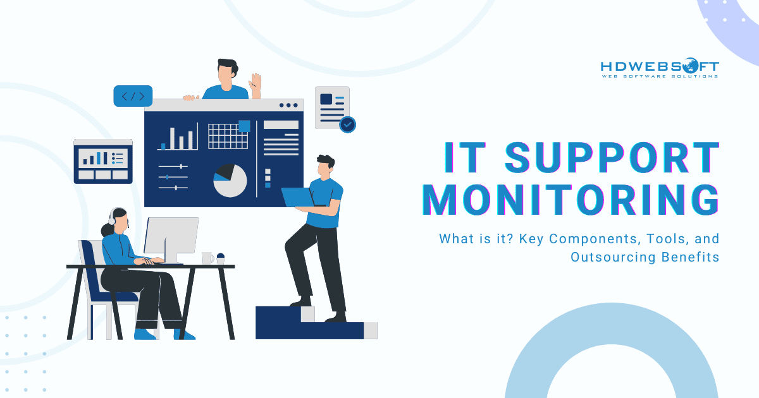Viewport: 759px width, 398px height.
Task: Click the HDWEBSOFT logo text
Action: tap(658, 66)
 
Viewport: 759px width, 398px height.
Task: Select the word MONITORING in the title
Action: tap(571, 200)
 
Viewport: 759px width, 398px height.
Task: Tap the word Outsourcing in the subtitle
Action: tap(606, 257)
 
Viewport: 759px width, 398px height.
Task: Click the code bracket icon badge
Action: tap(133, 96)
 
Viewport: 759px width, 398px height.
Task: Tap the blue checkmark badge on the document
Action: tap(347, 124)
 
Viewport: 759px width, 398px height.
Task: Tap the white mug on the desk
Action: tap(207, 258)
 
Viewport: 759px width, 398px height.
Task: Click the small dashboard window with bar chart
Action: tap(103, 161)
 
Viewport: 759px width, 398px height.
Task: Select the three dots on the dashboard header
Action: tap(288, 106)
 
